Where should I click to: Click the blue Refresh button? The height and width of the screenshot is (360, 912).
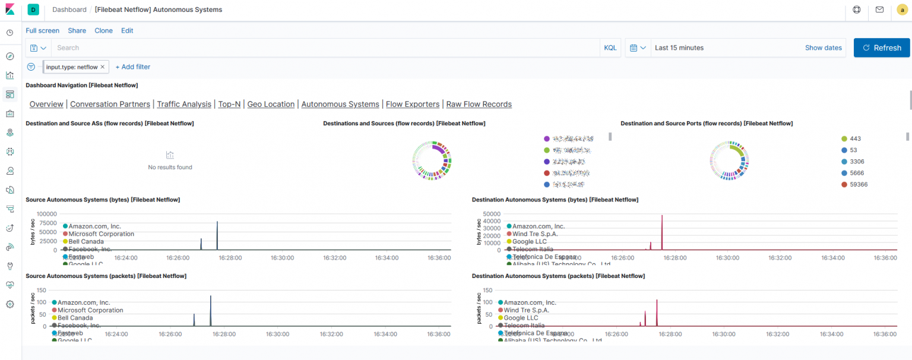(x=881, y=48)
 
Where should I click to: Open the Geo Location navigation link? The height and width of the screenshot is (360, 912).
(x=271, y=104)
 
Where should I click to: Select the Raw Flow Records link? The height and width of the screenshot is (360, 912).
(x=479, y=104)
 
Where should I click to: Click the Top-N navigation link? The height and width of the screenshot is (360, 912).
(x=229, y=104)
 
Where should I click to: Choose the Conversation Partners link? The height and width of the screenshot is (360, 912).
(x=110, y=104)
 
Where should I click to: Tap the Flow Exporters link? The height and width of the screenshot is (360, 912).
(x=413, y=104)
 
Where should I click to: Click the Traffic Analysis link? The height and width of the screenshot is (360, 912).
(x=184, y=104)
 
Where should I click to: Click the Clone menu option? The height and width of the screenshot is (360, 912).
(x=103, y=30)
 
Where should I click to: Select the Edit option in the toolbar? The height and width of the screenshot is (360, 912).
(x=127, y=30)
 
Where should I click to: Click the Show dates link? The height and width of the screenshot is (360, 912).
(x=823, y=48)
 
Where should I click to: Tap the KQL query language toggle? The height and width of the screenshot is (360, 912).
(x=610, y=48)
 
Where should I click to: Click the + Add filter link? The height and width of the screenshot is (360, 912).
(x=132, y=67)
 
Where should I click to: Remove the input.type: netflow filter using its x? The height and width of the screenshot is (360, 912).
(x=103, y=67)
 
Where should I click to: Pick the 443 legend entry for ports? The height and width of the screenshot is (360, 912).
(x=855, y=138)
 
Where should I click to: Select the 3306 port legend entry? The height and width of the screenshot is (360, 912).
(x=856, y=162)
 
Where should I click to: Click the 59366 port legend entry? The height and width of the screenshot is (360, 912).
(x=858, y=184)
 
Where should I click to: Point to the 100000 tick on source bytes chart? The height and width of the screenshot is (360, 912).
(x=46, y=214)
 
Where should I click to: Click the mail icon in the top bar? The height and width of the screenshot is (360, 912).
(x=879, y=10)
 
